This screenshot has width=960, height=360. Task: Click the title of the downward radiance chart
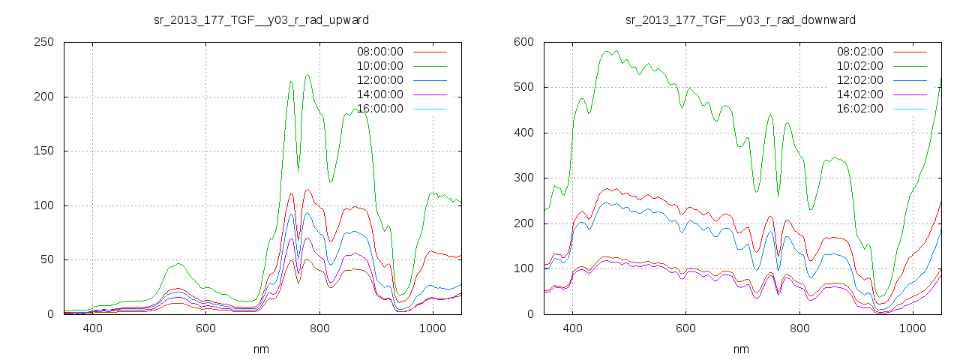coord(740,19)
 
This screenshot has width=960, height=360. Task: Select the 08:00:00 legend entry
coord(379,52)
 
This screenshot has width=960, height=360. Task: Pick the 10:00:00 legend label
coord(379,66)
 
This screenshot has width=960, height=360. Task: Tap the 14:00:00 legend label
coord(379,94)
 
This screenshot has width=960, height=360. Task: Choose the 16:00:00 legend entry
coord(379,109)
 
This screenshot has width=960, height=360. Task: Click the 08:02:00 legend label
coord(859,52)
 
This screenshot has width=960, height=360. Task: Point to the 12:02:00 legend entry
coord(859,80)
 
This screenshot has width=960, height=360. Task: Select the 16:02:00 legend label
coord(859,109)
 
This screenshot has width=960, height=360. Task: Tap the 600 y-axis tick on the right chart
coord(523,42)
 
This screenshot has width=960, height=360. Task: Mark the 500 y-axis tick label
coord(523,87)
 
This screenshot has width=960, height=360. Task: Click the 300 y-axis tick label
coord(523,178)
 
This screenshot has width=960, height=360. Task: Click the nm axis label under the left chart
coord(260,349)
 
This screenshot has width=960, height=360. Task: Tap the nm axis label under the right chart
coord(740,349)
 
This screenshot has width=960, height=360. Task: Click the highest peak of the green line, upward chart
coord(308,74)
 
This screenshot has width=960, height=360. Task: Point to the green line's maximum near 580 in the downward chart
coord(605,51)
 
